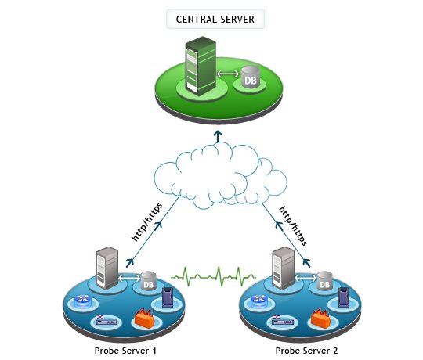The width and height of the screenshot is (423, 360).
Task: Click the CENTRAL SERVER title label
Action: click(x=215, y=19)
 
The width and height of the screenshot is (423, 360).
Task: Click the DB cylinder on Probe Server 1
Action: click(x=147, y=281)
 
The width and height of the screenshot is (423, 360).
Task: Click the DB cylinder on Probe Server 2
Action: click(x=325, y=281)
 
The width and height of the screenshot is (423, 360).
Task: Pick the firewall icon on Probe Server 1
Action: click(x=143, y=317)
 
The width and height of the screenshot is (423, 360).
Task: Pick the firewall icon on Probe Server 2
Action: click(x=320, y=317)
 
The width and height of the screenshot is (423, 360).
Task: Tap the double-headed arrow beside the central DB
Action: click(x=226, y=76)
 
